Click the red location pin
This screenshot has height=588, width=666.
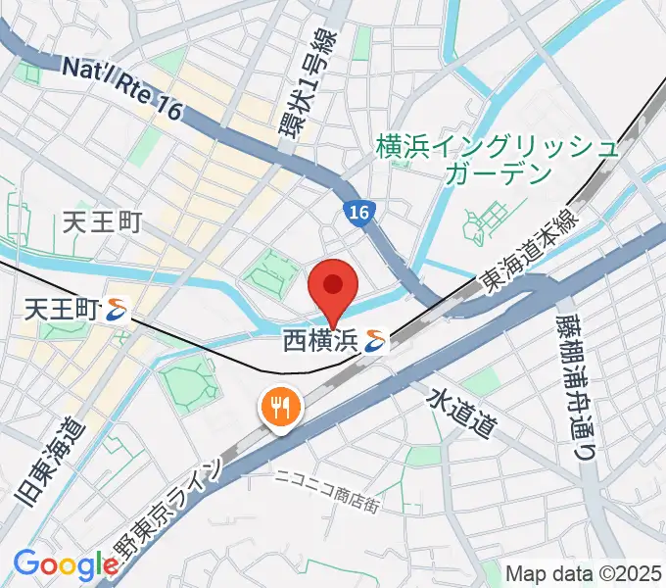[x=333, y=286]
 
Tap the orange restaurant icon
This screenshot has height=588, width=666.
[x=279, y=409]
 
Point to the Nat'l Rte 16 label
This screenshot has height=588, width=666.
[x=122, y=88]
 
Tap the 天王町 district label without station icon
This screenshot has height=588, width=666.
[x=103, y=223]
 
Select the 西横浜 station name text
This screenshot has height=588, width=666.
[x=319, y=342]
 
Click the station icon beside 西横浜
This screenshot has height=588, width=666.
[x=374, y=342]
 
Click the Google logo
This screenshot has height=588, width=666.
[x=66, y=565]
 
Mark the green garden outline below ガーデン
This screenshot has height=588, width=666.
[x=484, y=222]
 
